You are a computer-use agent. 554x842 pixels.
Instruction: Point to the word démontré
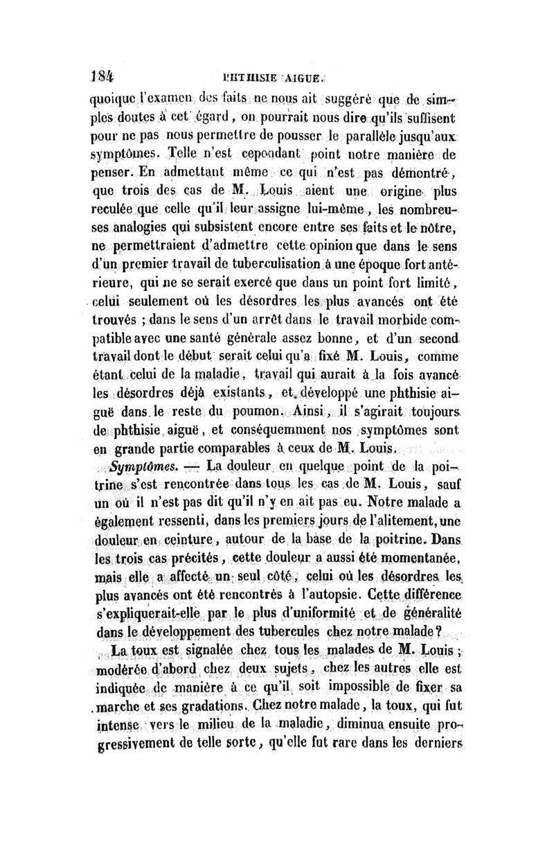click(422, 171)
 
